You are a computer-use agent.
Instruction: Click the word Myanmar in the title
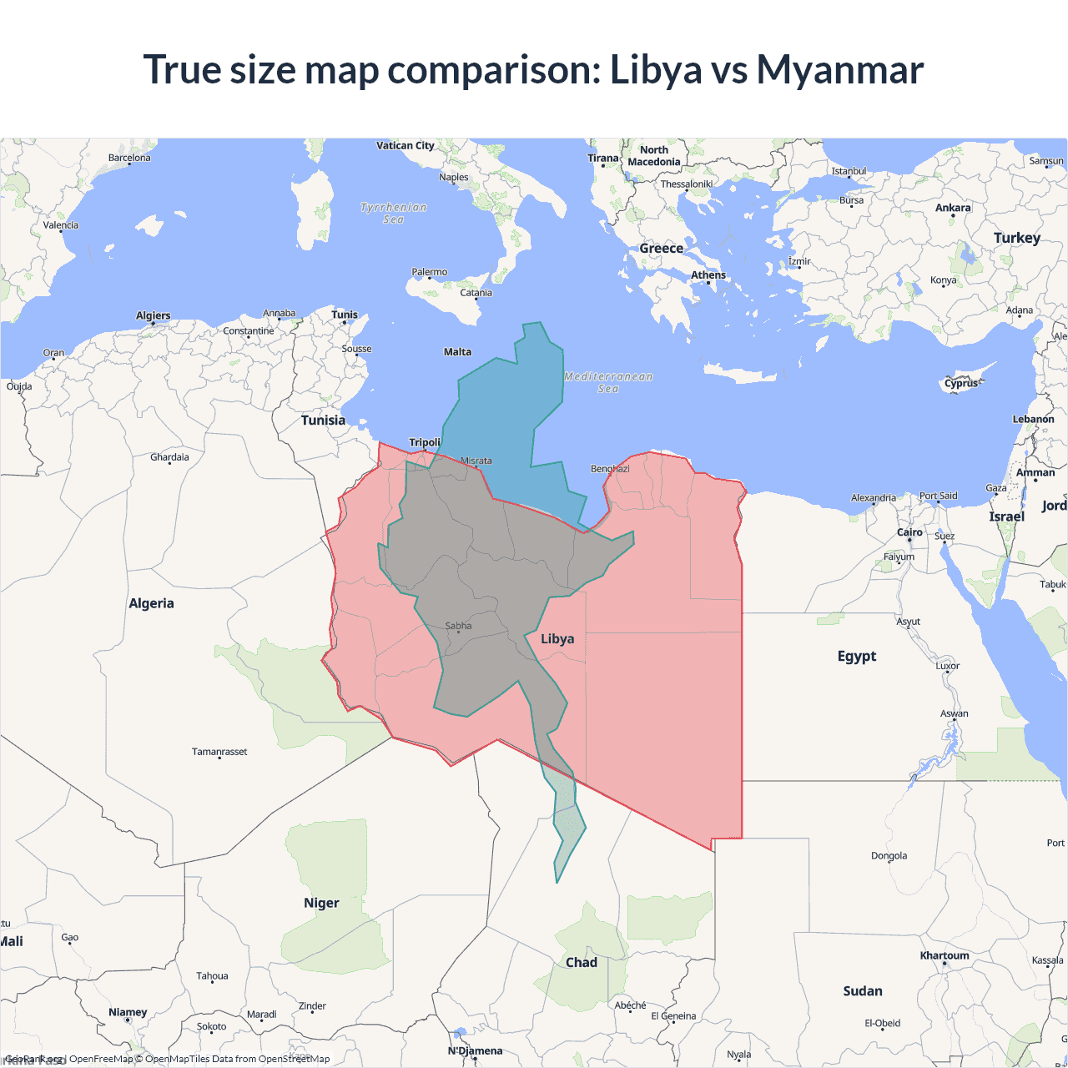(839, 70)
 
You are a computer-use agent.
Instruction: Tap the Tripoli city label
(425, 442)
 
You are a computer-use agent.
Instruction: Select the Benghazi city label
(610, 469)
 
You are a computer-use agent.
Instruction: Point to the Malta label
(457, 352)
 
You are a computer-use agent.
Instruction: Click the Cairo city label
(909, 532)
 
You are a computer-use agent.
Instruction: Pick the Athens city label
(708, 275)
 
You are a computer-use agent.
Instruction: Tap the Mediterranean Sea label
(608, 382)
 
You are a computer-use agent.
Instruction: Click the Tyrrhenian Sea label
(393, 213)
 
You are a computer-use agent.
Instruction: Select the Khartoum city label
(945, 955)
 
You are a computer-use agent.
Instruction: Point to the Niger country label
(321, 903)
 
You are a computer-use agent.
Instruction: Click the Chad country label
(582, 962)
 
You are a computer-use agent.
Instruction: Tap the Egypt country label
(857, 656)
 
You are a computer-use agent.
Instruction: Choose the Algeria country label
(151, 603)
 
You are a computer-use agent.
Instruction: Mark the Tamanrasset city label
(219, 752)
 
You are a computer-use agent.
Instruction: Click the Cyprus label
(961, 384)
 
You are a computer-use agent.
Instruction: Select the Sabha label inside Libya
(458, 626)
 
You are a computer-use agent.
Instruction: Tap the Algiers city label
(154, 315)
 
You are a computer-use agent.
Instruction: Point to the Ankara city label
(953, 208)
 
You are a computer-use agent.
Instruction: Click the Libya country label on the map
(557, 639)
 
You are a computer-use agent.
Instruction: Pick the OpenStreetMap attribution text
(294, 1059)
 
